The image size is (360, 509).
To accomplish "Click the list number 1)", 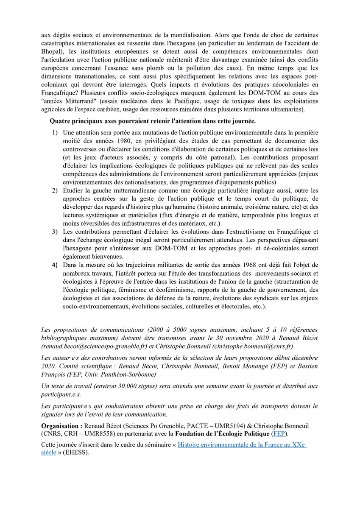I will pos(56,133).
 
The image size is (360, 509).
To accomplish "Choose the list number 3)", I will pos(56,232).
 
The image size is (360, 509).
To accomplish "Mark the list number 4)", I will pos(56,265).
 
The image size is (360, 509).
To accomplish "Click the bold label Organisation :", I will pos(61,425).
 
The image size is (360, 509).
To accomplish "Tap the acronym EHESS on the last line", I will pos(77,453).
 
